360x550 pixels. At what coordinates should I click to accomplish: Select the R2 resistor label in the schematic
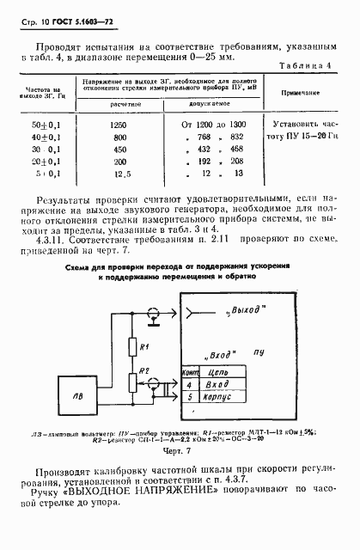[x=145, y=371]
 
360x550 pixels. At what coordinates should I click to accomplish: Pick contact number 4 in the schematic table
[x=188, y=387]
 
